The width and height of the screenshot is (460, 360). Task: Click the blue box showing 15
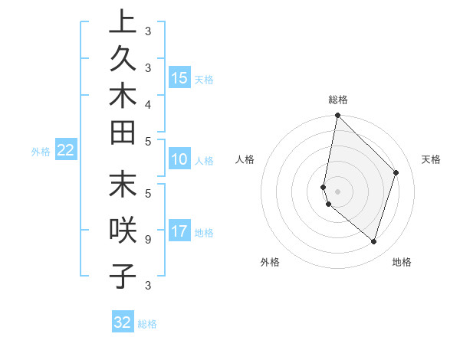coord(179,78)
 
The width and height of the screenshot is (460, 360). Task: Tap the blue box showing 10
coord(179,160)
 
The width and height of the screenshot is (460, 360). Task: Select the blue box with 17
coord(179,231)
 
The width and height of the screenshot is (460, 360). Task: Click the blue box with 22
coord(65,151)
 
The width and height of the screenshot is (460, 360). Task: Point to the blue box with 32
coord(123,322)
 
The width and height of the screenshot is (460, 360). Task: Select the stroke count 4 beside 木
coord(147,103)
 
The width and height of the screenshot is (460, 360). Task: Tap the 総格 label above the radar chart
coord(338,100)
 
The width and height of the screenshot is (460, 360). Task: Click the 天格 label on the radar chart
coord(431,159)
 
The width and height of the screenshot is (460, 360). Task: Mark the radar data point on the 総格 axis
coord(337,116)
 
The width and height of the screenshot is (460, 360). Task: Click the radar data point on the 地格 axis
coord(373,241)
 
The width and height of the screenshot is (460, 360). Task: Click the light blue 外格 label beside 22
coord(41,152)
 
